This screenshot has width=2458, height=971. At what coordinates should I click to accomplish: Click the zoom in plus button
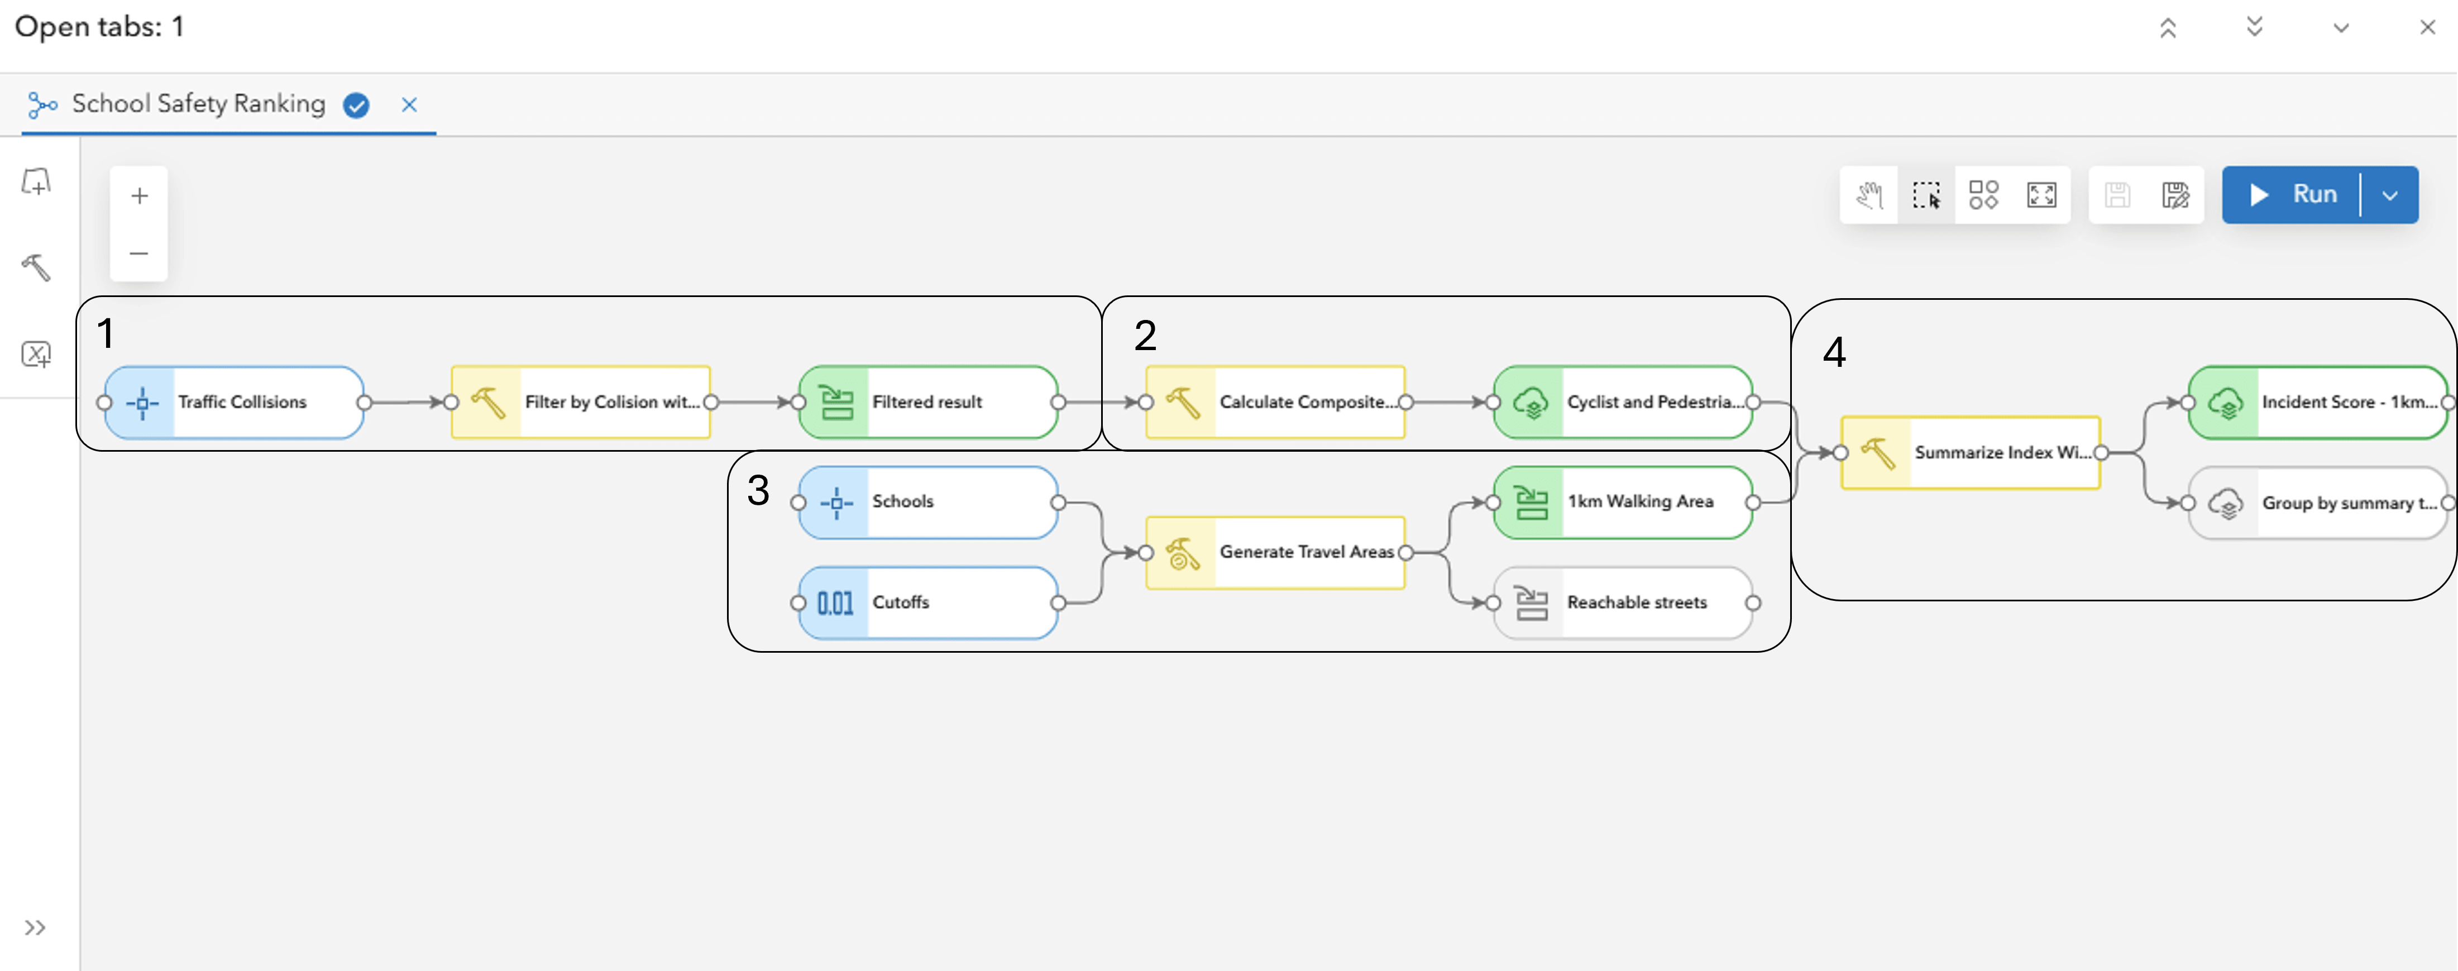[x=139, y=195]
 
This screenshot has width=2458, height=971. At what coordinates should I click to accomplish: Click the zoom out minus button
[x=139, y=253]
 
